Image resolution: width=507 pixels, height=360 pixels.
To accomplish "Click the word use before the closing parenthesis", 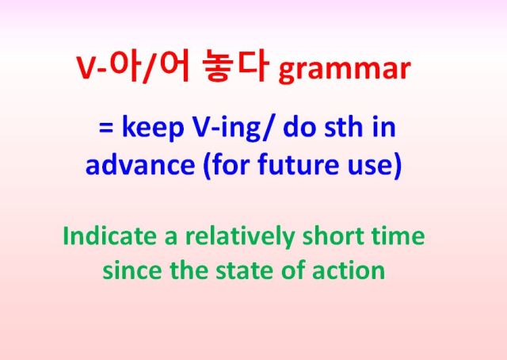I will (x=370, y=168).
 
